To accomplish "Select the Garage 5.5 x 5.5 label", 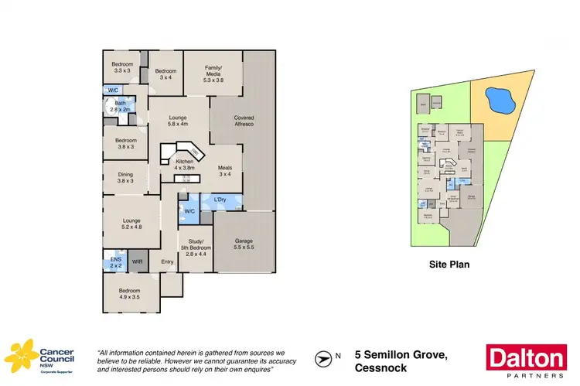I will (x=244, y=244).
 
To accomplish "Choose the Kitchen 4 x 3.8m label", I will (x=178, y=164).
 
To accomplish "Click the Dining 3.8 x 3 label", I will (x=125, y=178).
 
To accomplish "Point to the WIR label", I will (x=138, y=262).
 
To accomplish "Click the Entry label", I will (x=167, y=261).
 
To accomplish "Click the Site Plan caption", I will (x=449, y=264).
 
